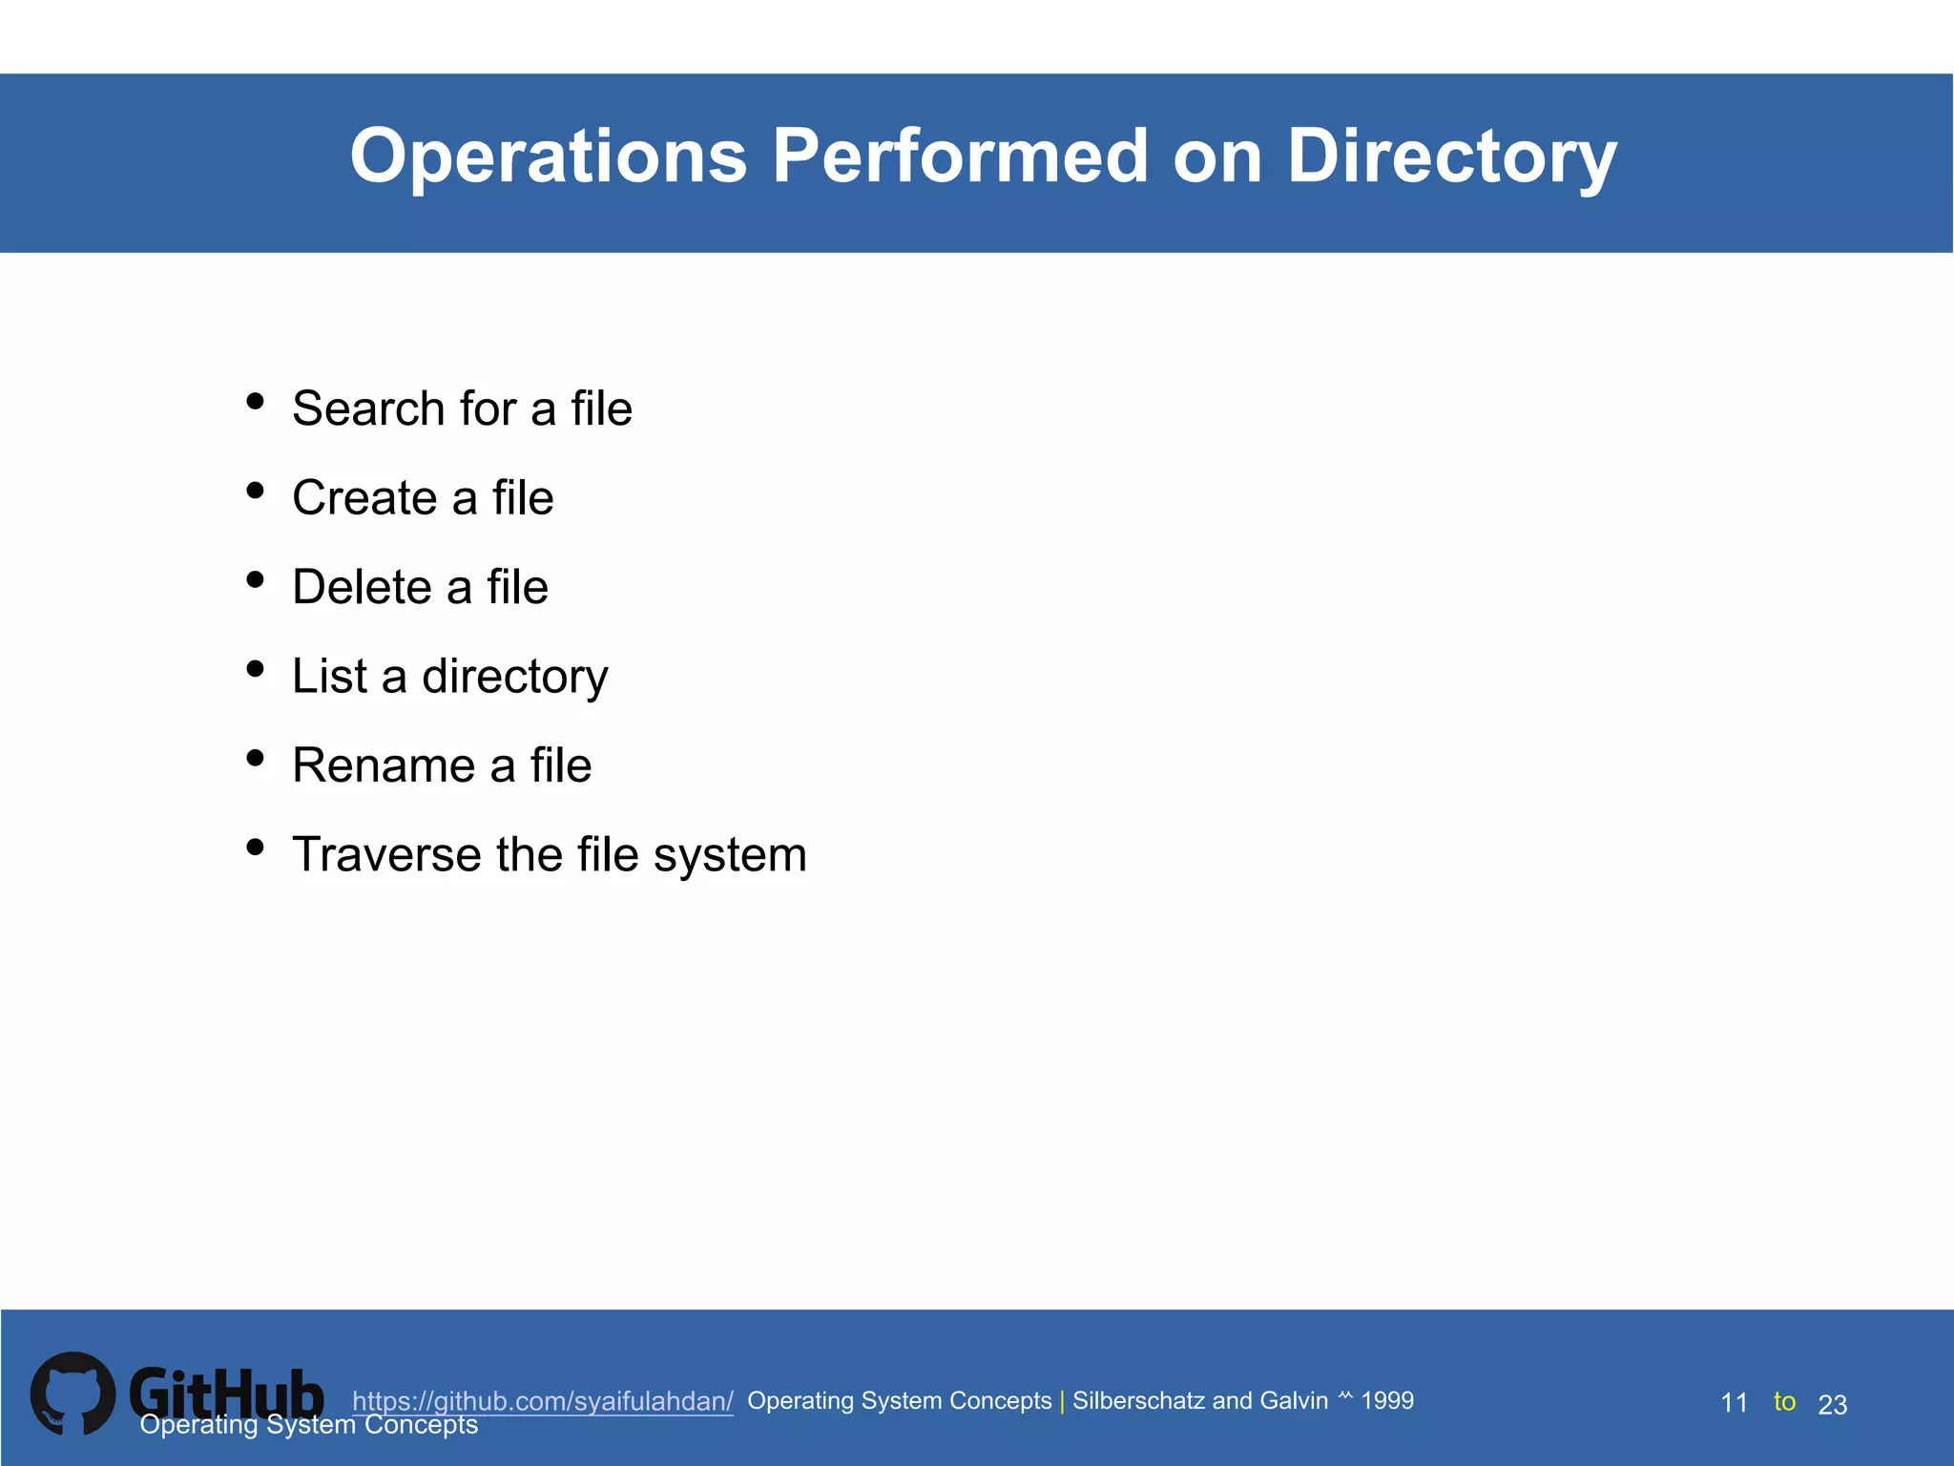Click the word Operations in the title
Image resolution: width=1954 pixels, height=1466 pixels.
[x=549, y=157]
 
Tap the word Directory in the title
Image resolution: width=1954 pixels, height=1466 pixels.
[x=1451, y=157]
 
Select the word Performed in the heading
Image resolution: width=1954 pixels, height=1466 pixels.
[x=960, y=157]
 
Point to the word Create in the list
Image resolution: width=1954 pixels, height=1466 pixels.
[x=364, y=498]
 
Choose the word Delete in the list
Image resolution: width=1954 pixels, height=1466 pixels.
[x=362, y=587]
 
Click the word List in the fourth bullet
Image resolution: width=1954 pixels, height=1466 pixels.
[x=329, y=676]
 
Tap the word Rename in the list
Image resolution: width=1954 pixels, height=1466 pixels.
[x=384, y=765]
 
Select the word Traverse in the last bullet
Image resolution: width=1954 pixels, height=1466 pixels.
[x=386, y=854]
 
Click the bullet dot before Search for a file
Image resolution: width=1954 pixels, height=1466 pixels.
[x=255, y=401]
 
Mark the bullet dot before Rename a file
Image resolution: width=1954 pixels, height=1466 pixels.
[x=255, y=758]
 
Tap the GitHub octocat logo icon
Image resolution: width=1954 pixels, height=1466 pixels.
[x=73, y=1393]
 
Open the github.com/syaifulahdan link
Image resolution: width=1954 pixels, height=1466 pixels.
[x=542, y=1401]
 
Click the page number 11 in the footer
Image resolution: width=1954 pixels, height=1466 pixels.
[x=1734, y=1403]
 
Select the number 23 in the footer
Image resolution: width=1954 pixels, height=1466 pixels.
[x=1832, y=1405]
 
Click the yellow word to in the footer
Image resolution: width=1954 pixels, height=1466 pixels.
[x=1784, y=1401]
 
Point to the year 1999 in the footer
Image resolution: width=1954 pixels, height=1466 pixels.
[x=1387, y=1400]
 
